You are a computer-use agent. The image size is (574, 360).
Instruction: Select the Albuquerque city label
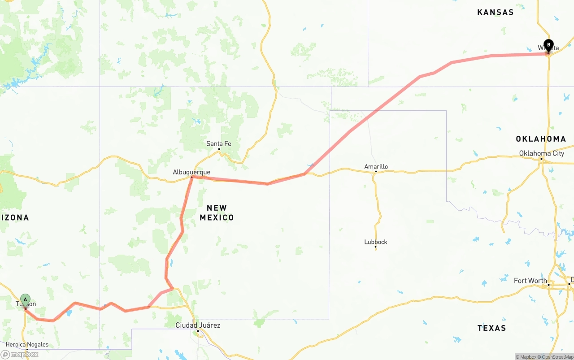tap(191, 172)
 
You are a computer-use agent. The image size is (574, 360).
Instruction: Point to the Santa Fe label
tap(219, 144)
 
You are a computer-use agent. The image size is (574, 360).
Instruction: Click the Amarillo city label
tap(376, 167)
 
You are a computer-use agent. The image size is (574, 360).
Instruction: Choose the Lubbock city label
tap(376, 242)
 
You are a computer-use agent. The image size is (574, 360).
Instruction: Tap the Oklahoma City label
tap(542, 153)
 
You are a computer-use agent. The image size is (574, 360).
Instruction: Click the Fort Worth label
tap(531, 281)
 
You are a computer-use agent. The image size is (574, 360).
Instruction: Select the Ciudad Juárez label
tap(198, 325)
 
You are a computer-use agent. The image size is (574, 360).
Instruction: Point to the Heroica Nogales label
tap(27, 345)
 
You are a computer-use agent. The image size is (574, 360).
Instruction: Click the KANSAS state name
tap(496, 13)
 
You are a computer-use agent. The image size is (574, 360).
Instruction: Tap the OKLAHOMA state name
tap(541, 139)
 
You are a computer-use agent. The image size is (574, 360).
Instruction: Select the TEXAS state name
tap(491, 328)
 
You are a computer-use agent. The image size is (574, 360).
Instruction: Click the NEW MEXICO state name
tap(217, 213)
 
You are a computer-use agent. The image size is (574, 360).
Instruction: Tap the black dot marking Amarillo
tap(376, 172)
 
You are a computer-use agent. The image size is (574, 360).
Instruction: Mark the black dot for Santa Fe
tap(219, 149)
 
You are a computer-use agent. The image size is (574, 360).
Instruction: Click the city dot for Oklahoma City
tap(541, 159)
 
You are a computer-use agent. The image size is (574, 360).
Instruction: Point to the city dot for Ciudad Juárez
tap(198, 331)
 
